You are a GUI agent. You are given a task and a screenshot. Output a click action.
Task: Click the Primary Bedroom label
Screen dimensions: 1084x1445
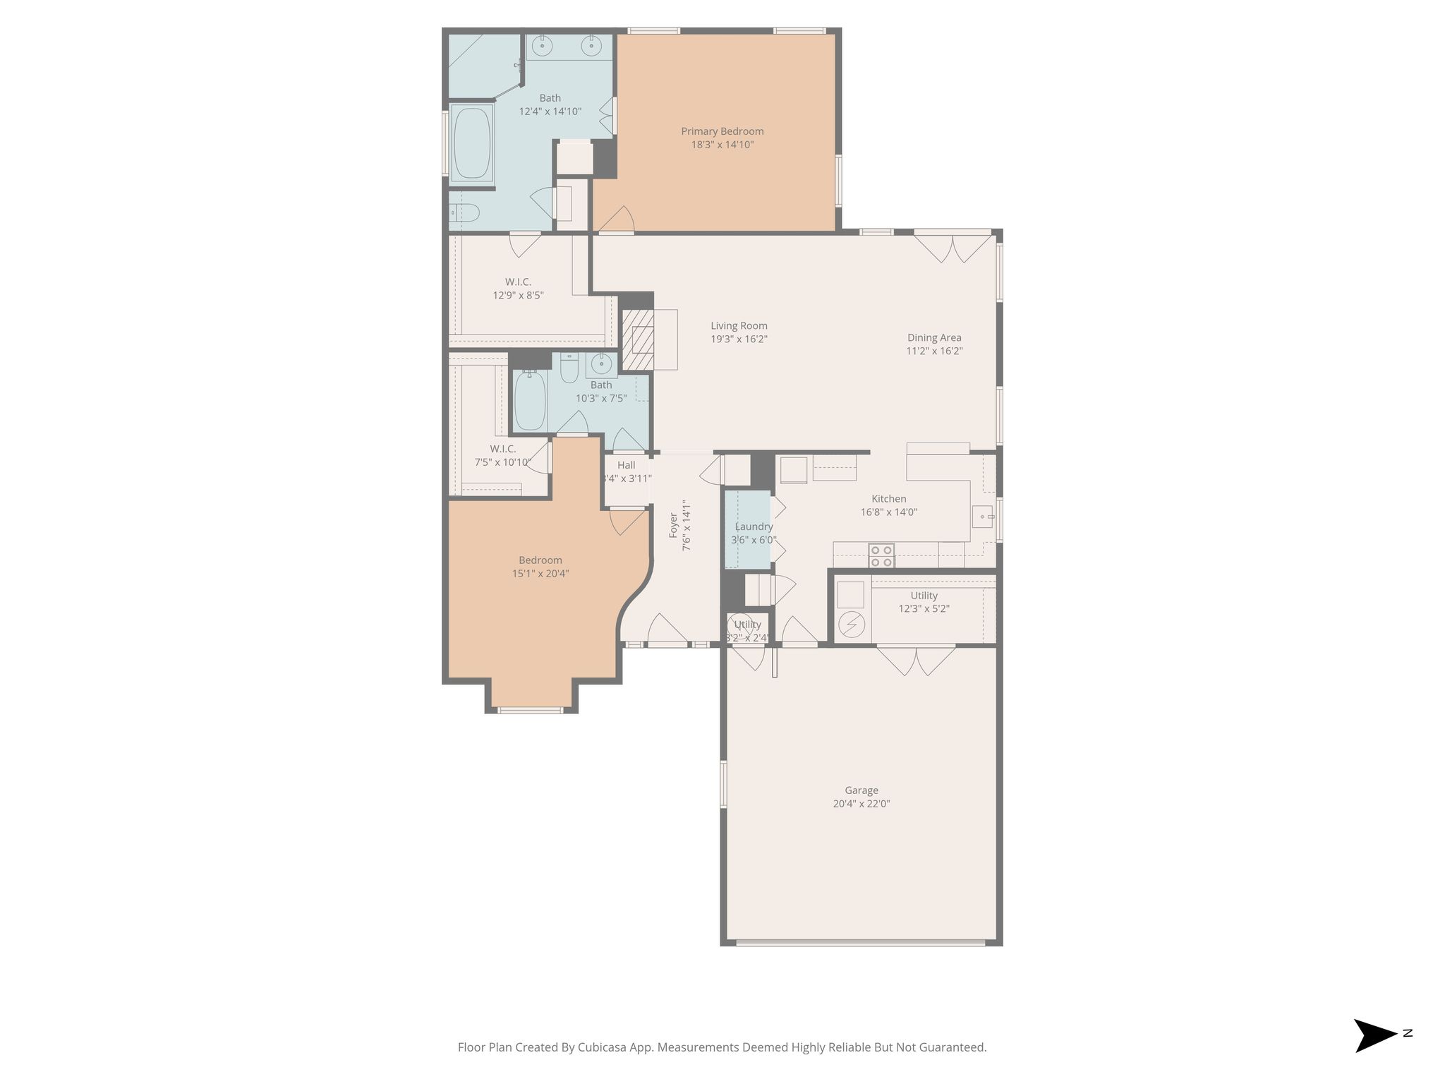coord(722,131)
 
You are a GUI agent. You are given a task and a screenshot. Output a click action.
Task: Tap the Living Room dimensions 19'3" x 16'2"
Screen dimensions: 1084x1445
coord(739,339)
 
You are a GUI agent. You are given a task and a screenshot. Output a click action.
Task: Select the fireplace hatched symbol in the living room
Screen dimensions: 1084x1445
coord(638,339)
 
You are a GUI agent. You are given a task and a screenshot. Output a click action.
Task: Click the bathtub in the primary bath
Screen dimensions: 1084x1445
coord(472,143)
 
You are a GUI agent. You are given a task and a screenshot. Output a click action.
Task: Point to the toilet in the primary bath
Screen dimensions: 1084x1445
coord(466,212)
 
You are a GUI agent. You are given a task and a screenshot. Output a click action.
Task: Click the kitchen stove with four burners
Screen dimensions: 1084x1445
coord(881,555)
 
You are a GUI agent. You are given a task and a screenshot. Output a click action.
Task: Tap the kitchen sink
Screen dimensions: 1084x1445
coord(982,517)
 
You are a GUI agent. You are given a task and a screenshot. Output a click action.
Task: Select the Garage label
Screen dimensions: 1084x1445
coord(861,790)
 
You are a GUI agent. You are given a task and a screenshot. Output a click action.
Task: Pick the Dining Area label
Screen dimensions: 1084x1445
coord(934,338)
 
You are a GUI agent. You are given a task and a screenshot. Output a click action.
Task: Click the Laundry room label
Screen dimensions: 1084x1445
coord(754,526)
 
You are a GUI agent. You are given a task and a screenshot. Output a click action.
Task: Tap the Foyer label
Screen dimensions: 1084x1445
coord(673,526)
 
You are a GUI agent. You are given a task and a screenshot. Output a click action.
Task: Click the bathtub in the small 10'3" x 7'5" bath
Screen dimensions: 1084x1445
coord(529,400)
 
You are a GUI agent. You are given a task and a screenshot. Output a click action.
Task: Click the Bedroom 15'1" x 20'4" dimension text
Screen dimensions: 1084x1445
coord(540,574)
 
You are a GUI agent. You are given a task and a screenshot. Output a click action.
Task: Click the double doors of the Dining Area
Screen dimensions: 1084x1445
coord(953,247)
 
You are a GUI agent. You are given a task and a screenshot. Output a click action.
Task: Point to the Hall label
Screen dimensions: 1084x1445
coord(626,465)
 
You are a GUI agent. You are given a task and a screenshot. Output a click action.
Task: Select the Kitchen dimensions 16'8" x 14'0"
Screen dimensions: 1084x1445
coord(888,512)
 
